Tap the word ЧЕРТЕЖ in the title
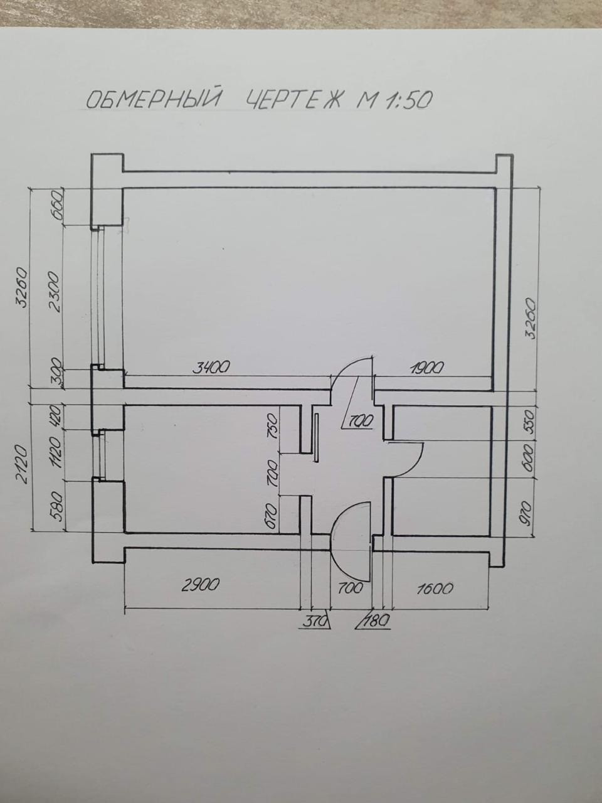[294, 99]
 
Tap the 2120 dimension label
[23, 464]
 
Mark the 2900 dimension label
[201, 585]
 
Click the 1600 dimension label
[434, 588]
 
